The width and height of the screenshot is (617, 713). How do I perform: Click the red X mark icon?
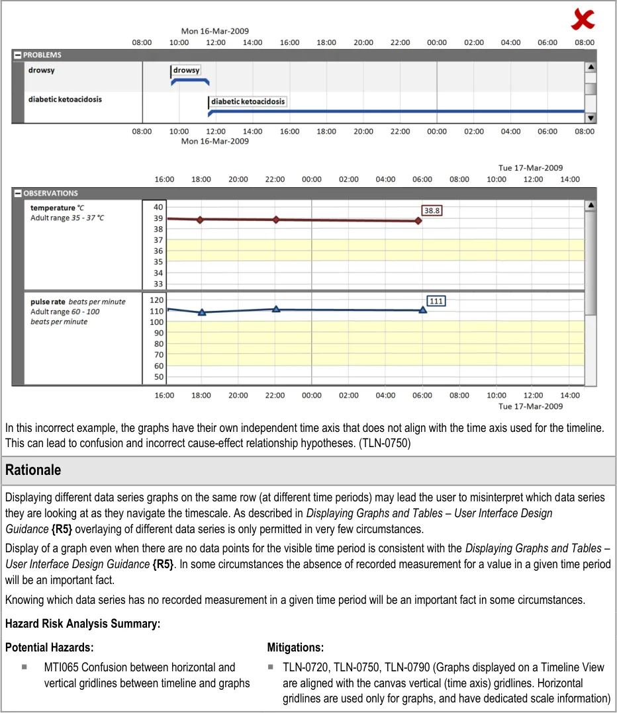click(583, 21)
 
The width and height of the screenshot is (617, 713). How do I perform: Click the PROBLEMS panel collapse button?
click(18, 55)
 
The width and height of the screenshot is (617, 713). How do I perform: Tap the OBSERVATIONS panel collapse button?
click(18, 193)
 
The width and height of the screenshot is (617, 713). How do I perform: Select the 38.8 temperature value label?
click(432, 210)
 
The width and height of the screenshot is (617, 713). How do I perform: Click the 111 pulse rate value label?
click(436, 301)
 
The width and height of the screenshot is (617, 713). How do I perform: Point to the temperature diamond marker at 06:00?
click(418, 221)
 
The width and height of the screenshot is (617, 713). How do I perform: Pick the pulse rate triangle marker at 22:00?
click(276, 309)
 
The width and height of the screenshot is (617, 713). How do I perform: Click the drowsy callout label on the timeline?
click(186, 70)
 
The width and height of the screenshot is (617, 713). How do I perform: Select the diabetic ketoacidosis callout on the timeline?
click(248, 102)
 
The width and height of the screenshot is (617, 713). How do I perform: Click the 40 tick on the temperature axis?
click(158, 207)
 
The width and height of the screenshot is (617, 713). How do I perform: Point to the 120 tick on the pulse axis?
click(156, 300)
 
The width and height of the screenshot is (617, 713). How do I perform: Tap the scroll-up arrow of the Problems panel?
click(591, 67)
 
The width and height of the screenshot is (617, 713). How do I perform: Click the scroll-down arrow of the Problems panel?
click(591, 118)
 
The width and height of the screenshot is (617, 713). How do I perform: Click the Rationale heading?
click(33, 470)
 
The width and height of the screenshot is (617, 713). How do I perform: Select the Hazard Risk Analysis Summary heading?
click(82, 624)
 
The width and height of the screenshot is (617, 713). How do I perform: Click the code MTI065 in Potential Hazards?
click(63, 667)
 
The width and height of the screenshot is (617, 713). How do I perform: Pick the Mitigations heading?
click(295, 648)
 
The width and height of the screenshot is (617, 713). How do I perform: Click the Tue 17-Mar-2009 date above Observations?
click(530, 168)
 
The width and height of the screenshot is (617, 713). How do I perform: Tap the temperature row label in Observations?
click(53, 208)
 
